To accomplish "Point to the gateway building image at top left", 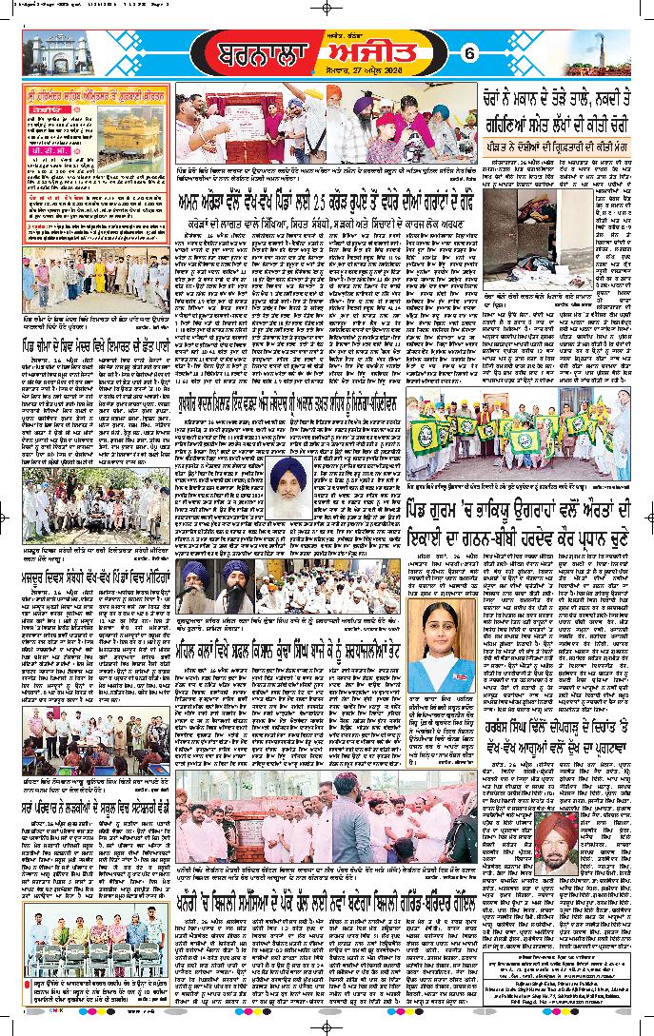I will (x=56, y=53).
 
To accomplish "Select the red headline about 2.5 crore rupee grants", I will (x=325, y=225).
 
